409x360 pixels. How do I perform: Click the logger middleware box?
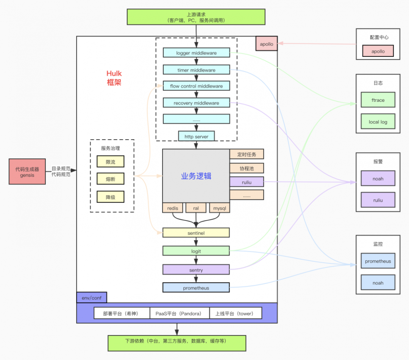point(196,53)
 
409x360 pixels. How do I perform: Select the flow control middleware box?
point(196,86)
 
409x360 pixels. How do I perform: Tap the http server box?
point(196,136)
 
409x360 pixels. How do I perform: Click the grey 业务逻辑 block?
point(196,176)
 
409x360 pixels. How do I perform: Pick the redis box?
point(173,208)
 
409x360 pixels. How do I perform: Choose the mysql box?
point(219,208)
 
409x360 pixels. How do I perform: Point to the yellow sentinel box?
point(196,233)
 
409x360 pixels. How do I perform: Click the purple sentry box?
point(196,270)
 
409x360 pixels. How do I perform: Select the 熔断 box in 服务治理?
point(110,179)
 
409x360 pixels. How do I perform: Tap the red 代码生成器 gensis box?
point(27,172)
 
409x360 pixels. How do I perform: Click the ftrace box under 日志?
point(378,100)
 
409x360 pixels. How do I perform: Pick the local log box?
point(378,122)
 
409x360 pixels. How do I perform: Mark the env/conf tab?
point(91,298)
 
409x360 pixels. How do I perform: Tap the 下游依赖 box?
point(176,341)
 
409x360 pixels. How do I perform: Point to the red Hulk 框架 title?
point(114,78)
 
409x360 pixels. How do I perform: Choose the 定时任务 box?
point(247,154)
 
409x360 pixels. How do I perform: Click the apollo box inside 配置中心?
point(378,51)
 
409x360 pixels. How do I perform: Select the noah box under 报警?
point(378,179)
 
